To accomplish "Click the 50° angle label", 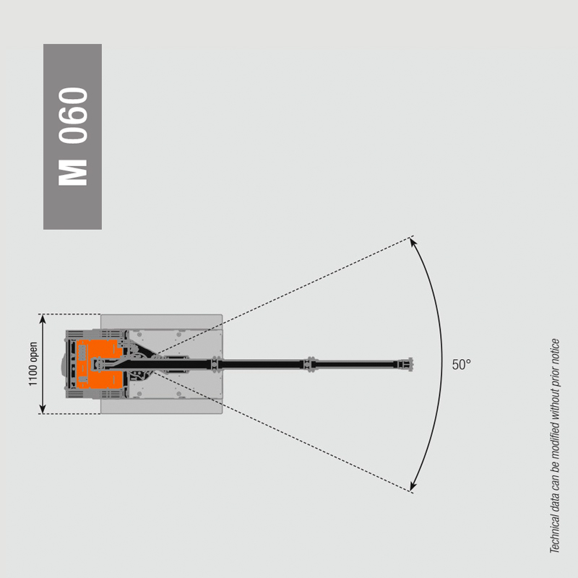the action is coord(461,365).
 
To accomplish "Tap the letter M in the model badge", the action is coord(73,173).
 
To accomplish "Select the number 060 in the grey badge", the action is coord(73,116).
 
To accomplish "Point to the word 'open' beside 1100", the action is coord(33,351).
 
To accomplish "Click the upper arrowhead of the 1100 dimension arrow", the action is coord(43,319).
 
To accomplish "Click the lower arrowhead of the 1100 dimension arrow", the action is coord(43,409).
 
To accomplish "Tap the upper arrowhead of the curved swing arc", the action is coord(413,242).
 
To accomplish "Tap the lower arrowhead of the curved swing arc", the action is coord(413,486).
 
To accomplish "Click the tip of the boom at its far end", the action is coord(413,365).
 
